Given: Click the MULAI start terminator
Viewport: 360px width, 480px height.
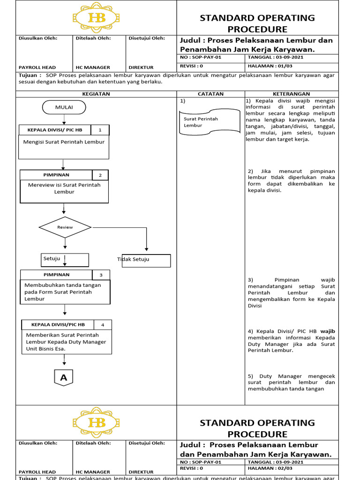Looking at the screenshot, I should (x=64, y=108).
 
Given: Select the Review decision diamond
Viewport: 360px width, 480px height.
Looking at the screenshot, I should (x=65, y=227).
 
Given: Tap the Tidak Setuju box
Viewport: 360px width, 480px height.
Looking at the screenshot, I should (x=146, y=261).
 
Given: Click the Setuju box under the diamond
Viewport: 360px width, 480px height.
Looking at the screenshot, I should (x=65, y=259).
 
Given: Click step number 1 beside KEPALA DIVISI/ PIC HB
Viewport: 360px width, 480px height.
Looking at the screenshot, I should (x=100, y=130).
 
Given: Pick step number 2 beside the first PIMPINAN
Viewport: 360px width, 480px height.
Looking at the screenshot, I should (x=100, y=175).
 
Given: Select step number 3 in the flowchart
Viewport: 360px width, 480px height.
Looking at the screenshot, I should (x=101, y=275).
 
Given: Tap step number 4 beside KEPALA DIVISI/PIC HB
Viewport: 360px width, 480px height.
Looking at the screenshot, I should (x=103, y=325).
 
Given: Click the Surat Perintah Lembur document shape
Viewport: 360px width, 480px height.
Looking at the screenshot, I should (x=202, y=122).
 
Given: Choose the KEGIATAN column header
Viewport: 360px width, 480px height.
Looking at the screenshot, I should (x=96, y=94).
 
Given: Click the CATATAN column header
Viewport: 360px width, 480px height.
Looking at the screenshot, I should (x=210, y=94).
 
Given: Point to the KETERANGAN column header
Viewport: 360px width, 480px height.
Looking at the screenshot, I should (x=291, y=94).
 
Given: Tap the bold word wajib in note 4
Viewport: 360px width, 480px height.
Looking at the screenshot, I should (x=327, y=331).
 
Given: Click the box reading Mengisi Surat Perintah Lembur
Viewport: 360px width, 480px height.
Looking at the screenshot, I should (x=64, y=147).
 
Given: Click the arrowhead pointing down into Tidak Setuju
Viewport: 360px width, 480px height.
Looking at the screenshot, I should (x=147, y=249).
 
